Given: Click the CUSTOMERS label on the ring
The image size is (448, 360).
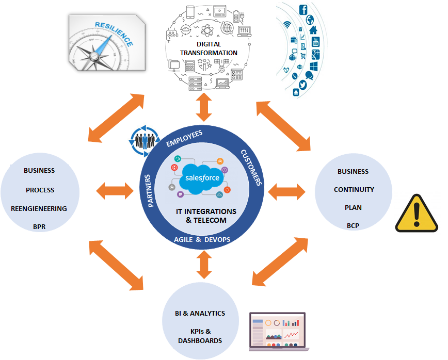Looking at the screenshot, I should tap(251, 167).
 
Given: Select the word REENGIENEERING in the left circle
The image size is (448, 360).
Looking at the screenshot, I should tap(39, 208).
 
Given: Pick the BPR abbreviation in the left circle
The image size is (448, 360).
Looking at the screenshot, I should tap(39, 226).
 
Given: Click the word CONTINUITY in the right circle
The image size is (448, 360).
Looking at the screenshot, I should tap(354, 189).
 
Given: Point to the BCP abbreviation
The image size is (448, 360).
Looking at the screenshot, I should tap(354, 225).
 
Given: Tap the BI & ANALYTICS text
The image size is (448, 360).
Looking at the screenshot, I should tap(200, 313).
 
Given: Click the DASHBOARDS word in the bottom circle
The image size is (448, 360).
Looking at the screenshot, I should tap(200, 340).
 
